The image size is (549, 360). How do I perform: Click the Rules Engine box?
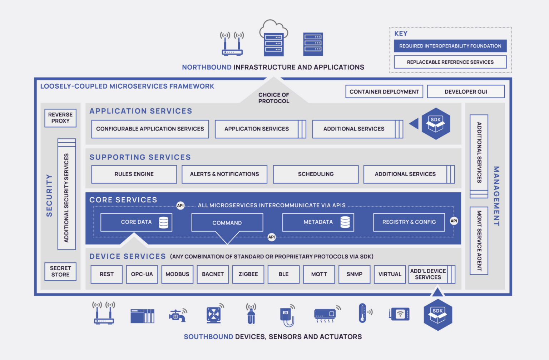tap(134, 174)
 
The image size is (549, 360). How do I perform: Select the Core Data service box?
tap(136, 222)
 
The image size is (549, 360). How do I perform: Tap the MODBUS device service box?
tap(177, 274)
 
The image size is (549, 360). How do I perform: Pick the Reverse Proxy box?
tap(60, 118)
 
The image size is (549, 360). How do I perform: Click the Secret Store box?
tap(60, 271)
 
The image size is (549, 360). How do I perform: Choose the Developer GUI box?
tap(466, 92)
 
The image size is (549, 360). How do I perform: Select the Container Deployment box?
tap(384, 92)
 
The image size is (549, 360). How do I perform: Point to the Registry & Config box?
tap(409, 222)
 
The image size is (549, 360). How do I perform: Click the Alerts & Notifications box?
tap(224, 174)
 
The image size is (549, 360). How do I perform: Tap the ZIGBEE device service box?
tap(248, 274)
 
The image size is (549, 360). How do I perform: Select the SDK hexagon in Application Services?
tap(436, 124)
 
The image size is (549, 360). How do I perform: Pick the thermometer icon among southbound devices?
tap(363, 313)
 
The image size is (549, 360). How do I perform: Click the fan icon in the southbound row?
tap(214, 315)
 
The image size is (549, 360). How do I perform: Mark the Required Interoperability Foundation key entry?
tap(450, 46)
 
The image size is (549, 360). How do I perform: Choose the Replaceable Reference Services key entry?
tap(450, 62)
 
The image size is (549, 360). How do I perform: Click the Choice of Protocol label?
tap(274, 98)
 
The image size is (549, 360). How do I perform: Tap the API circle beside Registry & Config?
tap(454, 221)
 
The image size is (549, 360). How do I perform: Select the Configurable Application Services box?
tap(150, 129)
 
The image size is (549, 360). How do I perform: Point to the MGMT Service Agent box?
tap(479, 241)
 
